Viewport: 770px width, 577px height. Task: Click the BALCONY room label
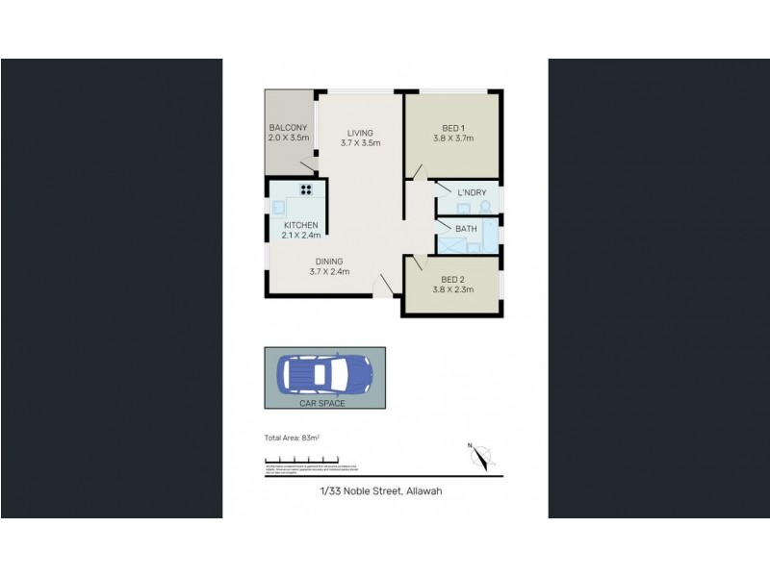click(288, 128)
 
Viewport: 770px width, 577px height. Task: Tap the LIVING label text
click(360, 133)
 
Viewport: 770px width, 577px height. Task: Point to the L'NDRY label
click(472, 193)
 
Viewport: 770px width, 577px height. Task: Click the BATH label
click(466, 228)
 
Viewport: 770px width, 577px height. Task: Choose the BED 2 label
click(453, 280)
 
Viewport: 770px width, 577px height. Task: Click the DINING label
click(329, 262)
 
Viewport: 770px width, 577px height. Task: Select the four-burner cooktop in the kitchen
click(307, 189)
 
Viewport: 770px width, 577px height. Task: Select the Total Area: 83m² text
click(292, 438)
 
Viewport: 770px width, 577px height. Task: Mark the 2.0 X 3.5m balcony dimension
click(288, 138)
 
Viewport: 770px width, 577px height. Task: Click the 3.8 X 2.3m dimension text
click(453, 290)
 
